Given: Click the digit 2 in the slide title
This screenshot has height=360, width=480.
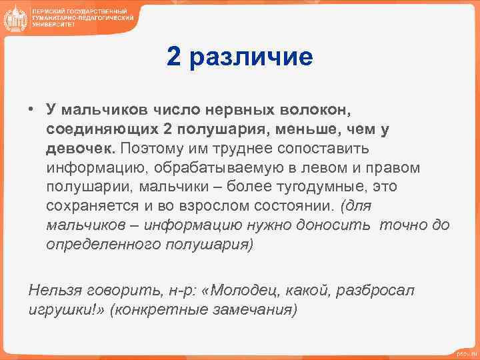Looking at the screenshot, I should [x=174, y=57].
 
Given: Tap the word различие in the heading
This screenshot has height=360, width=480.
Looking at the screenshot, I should [x=251, y=58].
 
